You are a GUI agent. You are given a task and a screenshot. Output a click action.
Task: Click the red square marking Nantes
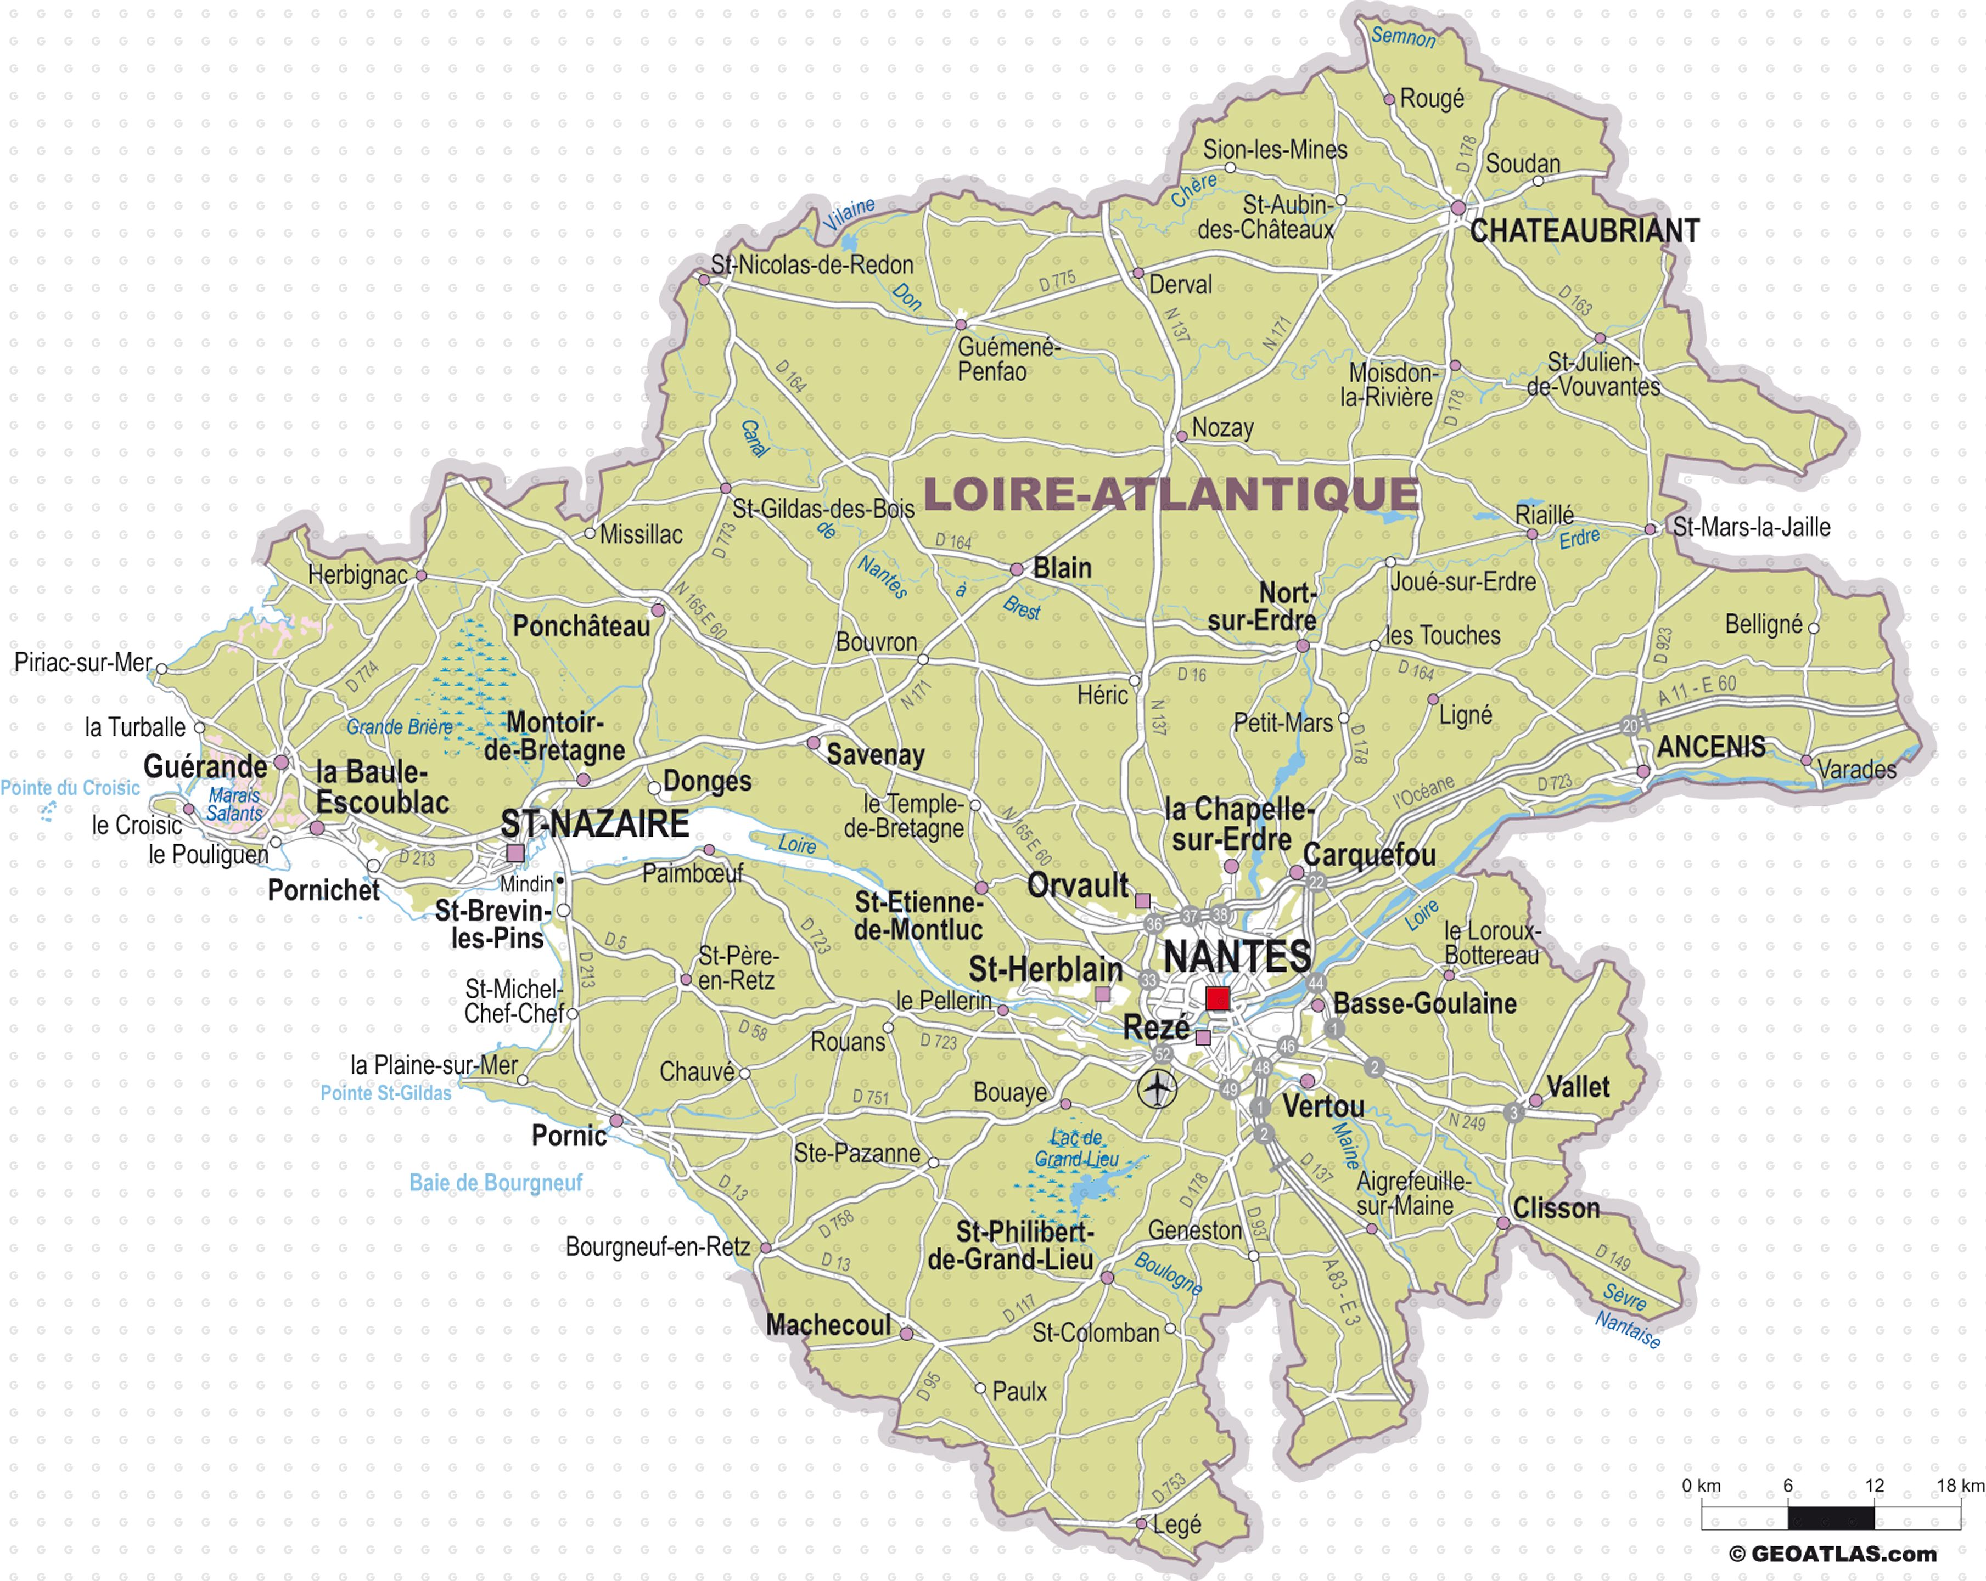(1218, 998)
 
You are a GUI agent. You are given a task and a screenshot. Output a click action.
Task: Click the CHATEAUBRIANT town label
(1584, 231)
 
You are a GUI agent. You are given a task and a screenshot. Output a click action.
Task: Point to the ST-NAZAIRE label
(595, 823)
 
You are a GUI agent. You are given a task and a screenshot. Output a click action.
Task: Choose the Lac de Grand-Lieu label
(1077, 1148)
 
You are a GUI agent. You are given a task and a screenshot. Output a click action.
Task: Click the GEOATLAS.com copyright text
(1833, 1554)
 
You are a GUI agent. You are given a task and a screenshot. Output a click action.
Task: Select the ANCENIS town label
(1712, 747)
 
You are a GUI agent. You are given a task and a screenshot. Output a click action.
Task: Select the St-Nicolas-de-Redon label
(811, 265)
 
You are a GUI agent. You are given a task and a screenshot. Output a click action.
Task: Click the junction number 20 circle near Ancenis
(1630, 726)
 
